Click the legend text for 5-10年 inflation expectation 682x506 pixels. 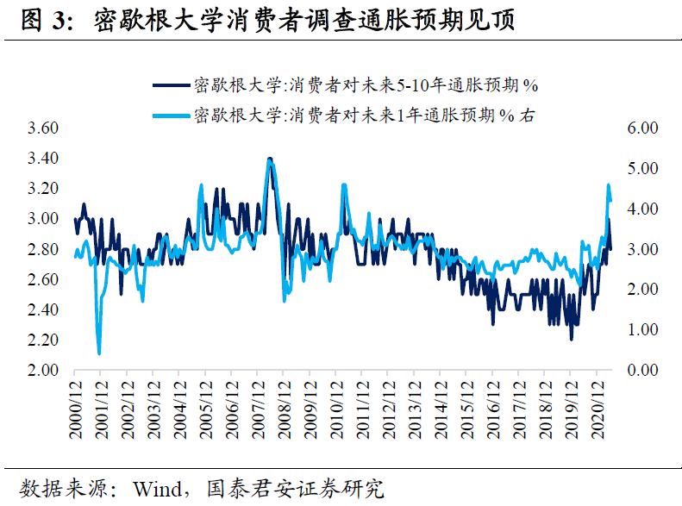point(366,85)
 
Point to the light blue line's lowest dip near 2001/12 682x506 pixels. point(99,353)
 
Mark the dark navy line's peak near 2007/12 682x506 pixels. point(270,159)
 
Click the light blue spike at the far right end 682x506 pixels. point(609,186)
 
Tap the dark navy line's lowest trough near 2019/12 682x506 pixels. point(571,339)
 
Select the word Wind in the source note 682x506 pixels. point(155,488)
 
